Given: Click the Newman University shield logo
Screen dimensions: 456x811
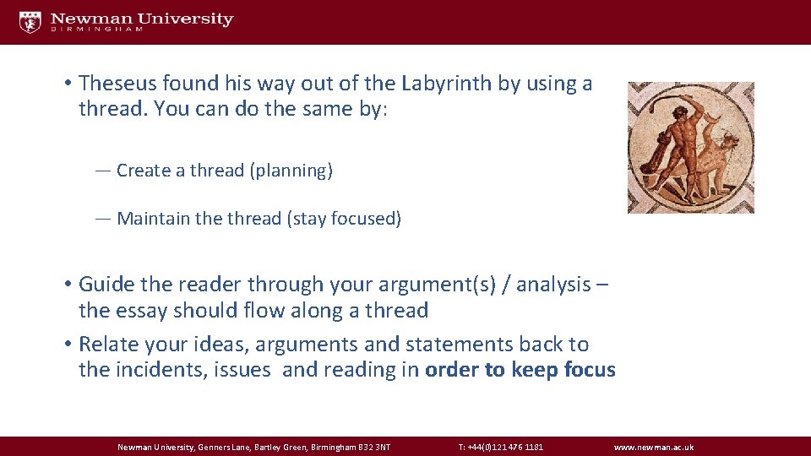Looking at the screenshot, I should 30,22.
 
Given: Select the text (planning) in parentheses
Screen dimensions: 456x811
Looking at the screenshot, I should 291,171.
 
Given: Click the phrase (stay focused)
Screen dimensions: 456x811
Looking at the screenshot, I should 344,219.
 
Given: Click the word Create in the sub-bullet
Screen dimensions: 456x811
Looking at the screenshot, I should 143,171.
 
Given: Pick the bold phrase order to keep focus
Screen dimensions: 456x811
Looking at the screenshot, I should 520,370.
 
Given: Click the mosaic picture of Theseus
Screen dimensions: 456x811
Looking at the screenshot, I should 690,147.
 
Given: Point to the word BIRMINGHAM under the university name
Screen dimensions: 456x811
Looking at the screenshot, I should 96,30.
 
